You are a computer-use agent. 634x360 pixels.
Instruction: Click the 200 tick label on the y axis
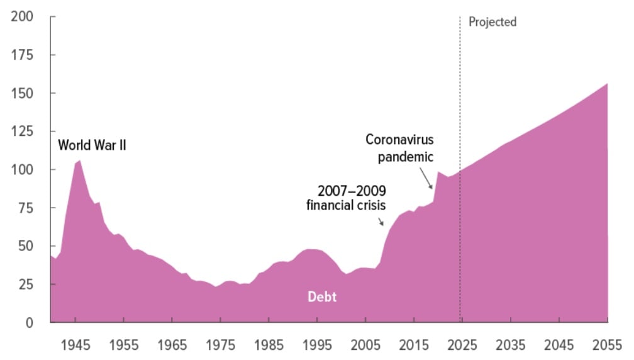tap(23, 16)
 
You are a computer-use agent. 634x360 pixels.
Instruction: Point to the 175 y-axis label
tap(23, 55)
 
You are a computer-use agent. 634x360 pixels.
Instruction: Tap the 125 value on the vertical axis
tap(23, 132)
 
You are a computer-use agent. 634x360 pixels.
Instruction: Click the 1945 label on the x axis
tap(75, 344)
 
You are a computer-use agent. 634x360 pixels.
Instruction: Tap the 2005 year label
tap(364, 344)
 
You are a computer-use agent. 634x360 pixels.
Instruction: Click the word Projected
tap(492, 22)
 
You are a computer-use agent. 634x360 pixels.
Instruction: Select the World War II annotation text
tap(92, 145)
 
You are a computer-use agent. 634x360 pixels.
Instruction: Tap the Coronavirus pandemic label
tap(400, 148)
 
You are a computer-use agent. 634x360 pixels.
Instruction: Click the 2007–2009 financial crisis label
tap(347, 198)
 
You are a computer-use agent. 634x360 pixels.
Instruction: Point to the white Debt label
tap(322, 297)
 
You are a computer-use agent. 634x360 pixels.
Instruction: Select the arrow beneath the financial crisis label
tap(381, 221)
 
